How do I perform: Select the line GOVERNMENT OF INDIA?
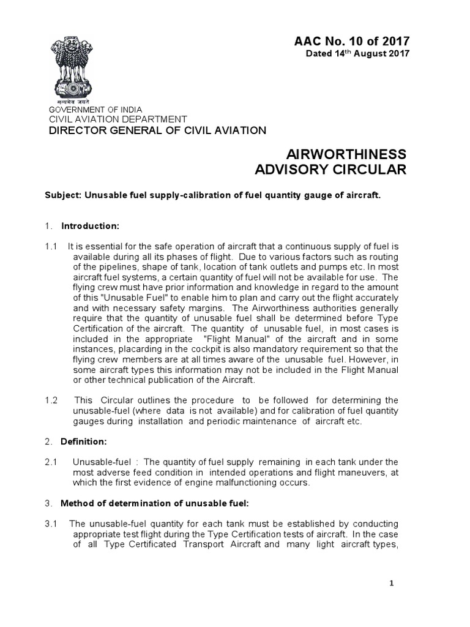94,110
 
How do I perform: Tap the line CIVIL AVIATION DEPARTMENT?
117,119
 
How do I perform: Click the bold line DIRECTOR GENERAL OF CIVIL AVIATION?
157,130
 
